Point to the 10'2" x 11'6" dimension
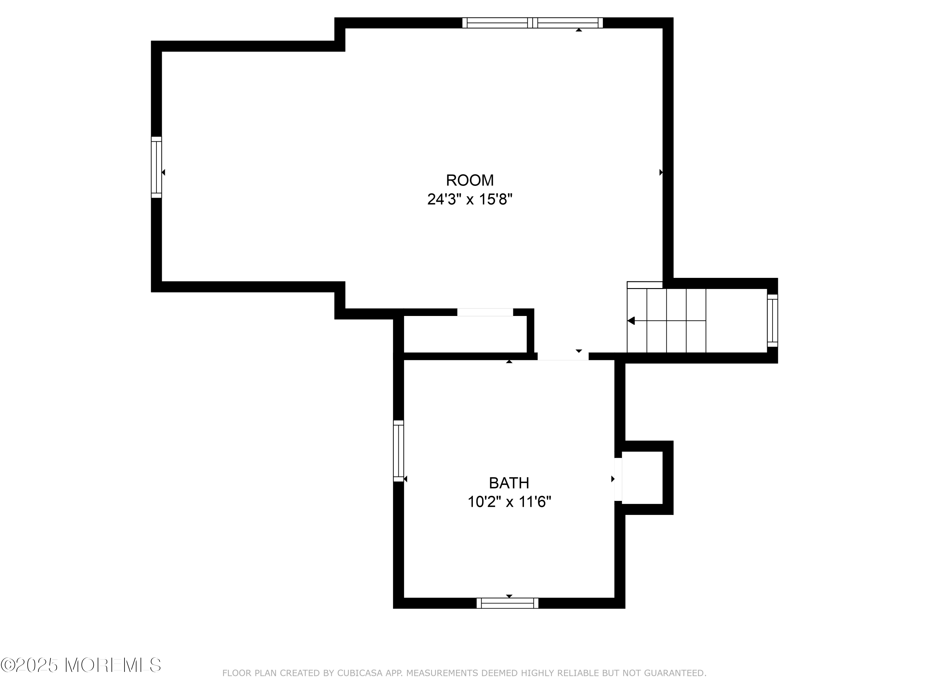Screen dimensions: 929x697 509,502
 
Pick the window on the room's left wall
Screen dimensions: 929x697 156,167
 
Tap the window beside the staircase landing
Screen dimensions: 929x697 772,321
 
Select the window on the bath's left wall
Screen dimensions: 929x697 398,451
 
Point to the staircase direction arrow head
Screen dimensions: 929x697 631,321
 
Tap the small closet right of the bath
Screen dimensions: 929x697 642,478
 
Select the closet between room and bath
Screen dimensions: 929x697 465,334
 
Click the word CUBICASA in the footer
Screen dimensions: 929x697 360,673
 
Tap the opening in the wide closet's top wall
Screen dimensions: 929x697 485,312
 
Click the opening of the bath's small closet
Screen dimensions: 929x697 618,479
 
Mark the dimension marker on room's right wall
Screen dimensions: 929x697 661,172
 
